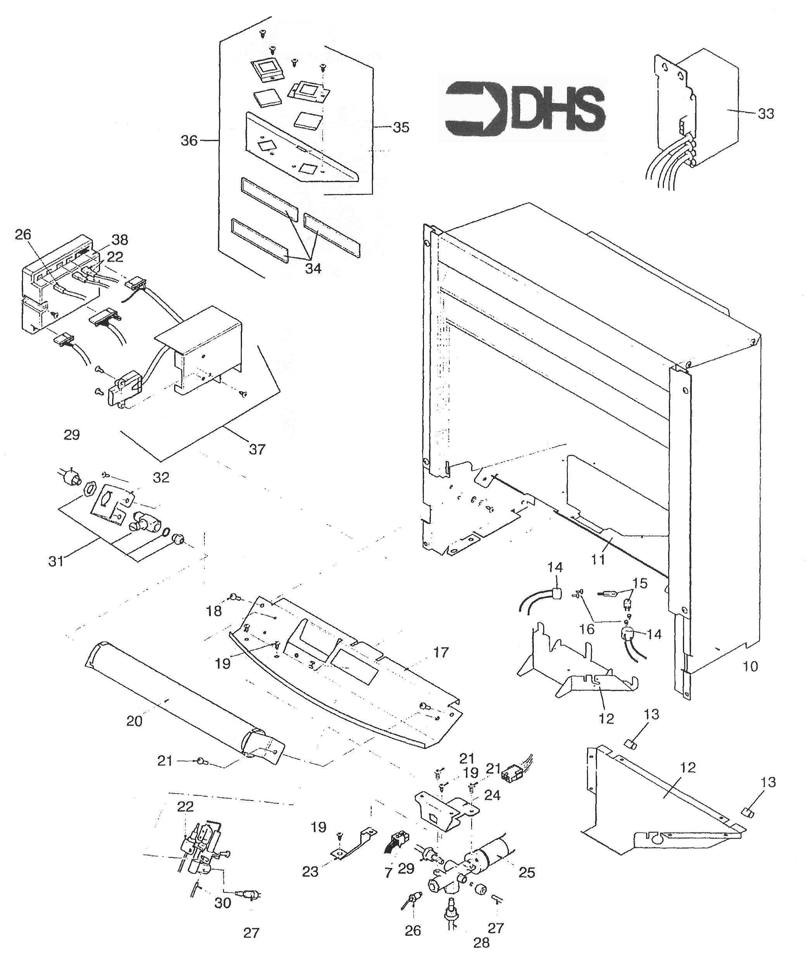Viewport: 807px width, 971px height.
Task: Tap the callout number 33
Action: [x=766, y=113]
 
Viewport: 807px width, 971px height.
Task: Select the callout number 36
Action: [x=189, y=140]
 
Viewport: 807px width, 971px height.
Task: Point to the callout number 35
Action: [x=401, y=127]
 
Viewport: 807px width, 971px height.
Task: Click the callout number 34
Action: [x=313, y=268]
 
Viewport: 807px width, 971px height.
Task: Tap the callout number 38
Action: [x=119, y=239]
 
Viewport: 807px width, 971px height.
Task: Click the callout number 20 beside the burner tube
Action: [x=134, y=720]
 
